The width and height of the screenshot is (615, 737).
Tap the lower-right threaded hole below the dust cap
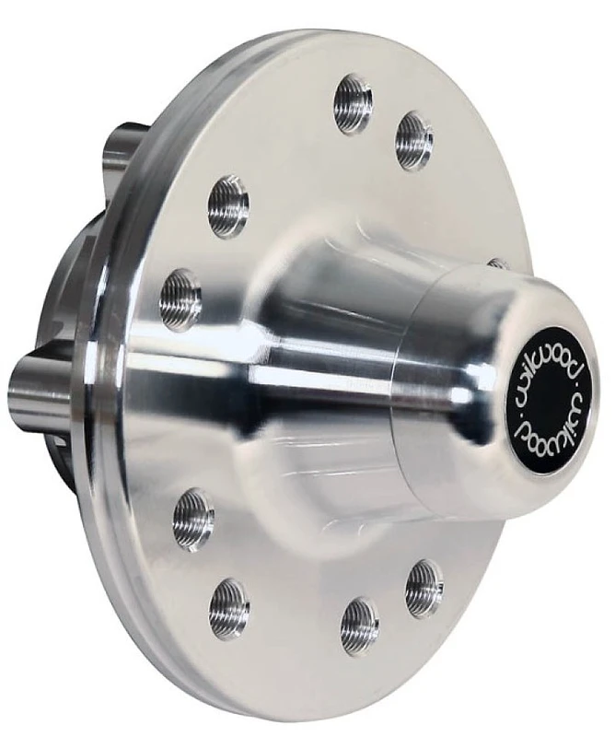(424, 583)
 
